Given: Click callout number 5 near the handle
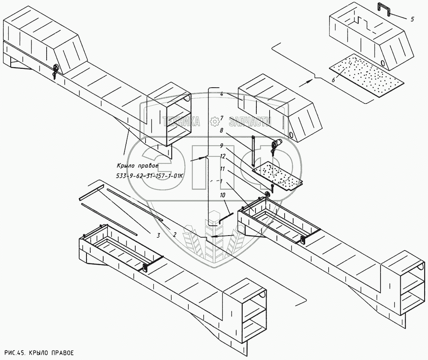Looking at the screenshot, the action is (x=412, y=19).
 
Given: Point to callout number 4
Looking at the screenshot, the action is (x=221, y=94).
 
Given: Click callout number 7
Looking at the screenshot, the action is (x=221, y=118).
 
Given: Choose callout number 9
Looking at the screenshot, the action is (x=221, y=145).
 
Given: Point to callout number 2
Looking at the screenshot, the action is (x=174, y=234).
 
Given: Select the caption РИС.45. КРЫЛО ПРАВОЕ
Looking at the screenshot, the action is (x=39, y=353).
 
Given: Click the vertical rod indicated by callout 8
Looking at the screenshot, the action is (x=253, y=151).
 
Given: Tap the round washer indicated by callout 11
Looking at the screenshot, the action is (x=267, y=195).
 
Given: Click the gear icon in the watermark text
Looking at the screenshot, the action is (x=215, y=121).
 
